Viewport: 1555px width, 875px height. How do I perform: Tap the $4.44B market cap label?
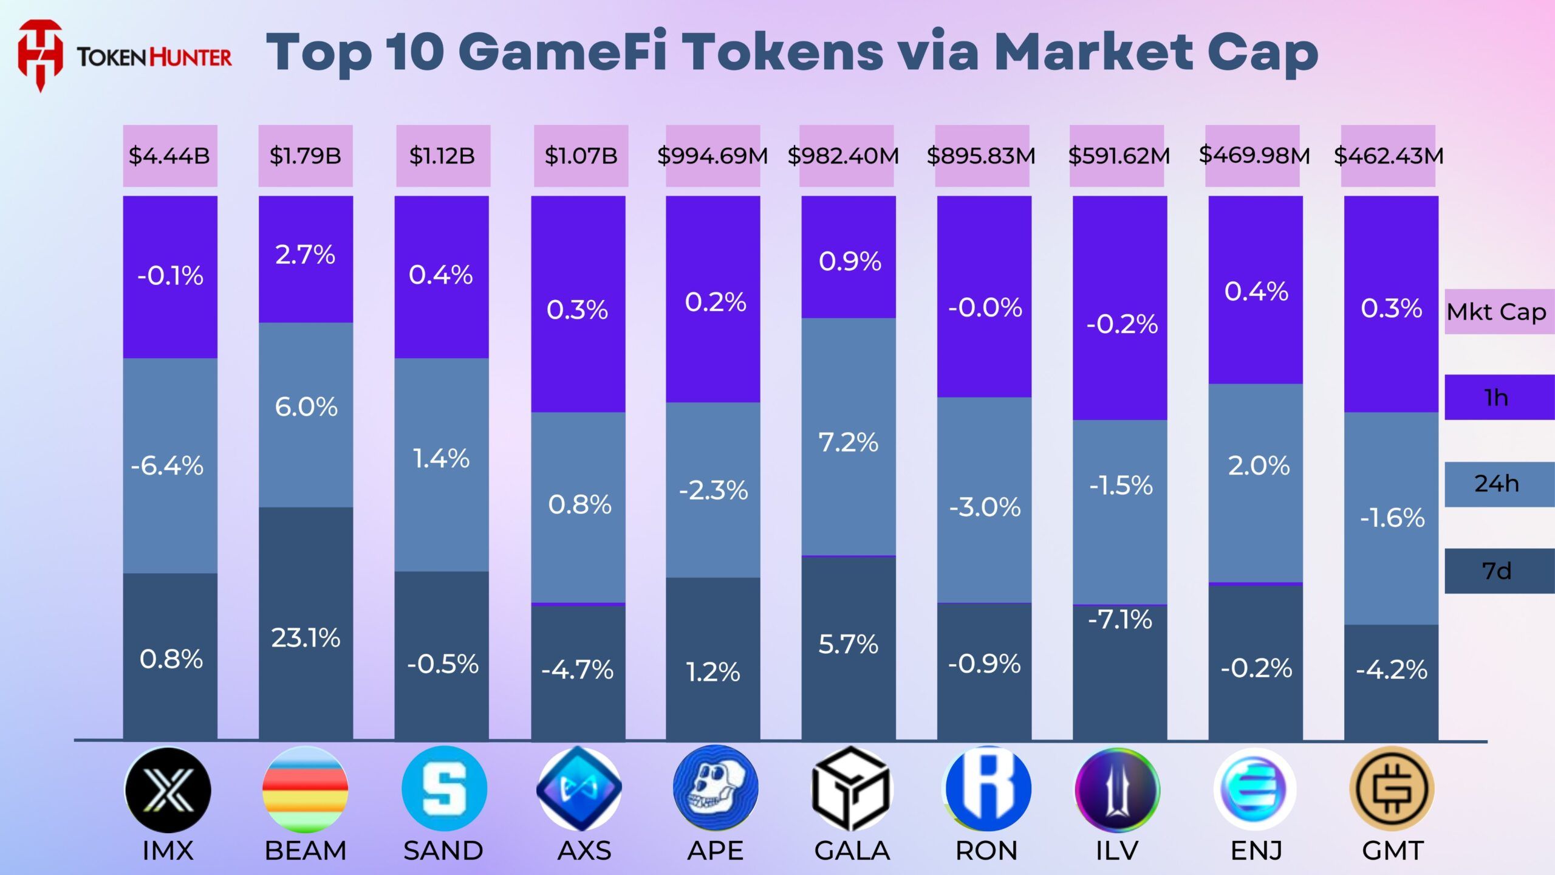[x=169, y=156]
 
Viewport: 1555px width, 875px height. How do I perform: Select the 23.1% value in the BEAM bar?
[x=306, y=638]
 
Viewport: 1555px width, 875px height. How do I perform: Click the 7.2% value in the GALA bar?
[x=849, y=442]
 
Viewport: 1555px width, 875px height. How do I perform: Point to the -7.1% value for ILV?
[x=1119, y=620]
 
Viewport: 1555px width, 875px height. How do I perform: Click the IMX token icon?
[x=168, y=789]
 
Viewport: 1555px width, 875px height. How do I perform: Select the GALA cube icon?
[x=851, y=789]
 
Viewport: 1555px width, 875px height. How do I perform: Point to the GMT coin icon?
[x=1392, y=789]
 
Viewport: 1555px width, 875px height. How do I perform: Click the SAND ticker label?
[x=443, y=851]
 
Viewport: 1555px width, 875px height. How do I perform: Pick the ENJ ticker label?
[x=1256, y=851]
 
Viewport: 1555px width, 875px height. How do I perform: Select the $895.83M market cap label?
[x=981, y=156]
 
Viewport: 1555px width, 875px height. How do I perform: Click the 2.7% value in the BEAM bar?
[x=305, y=255]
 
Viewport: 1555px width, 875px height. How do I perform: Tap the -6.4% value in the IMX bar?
[x=167, y=466]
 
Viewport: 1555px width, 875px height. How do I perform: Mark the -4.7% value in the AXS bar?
[x=578, y=670]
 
